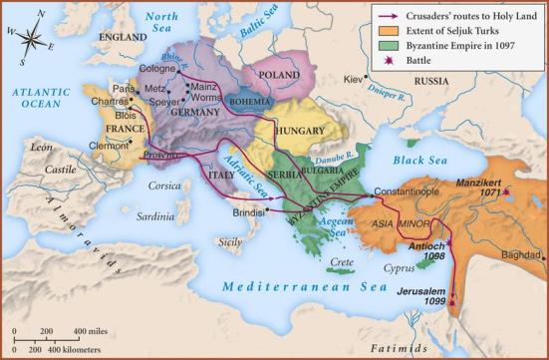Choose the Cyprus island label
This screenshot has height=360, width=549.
[x=397, y=268]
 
